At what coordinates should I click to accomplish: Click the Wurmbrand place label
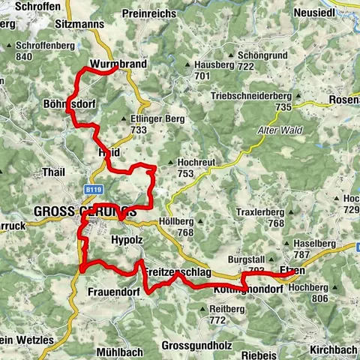click(117, 63)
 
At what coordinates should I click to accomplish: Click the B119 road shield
click(91, 190)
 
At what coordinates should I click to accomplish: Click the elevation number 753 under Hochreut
click(186, 173)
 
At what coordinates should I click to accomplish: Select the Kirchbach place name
click(332, 349)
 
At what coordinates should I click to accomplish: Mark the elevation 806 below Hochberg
click(321, 298)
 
